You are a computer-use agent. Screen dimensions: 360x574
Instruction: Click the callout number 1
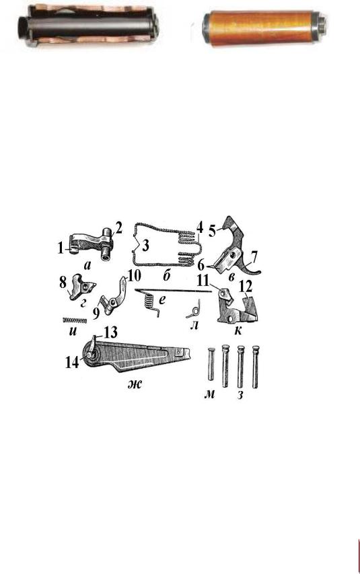click(61, 248)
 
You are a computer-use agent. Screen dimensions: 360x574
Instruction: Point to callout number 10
click(134, 276)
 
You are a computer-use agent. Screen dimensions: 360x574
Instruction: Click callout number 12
click(246, 286)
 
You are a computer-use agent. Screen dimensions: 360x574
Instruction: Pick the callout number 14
click(72, 363)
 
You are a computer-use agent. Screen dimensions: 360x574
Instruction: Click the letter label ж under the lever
click(135, 384)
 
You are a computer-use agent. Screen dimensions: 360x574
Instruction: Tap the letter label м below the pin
click(209, 394)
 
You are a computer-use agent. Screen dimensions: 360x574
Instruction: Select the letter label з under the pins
click(240, 395)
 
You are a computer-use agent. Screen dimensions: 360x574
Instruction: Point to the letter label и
click(73, 331)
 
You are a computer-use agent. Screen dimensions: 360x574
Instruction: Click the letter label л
click(194, 324)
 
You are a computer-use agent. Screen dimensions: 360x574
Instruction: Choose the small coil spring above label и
click(75, 320)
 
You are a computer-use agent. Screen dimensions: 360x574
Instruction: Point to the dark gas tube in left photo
click(88, 27)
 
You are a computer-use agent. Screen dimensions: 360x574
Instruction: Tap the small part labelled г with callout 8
click(81, 287)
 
